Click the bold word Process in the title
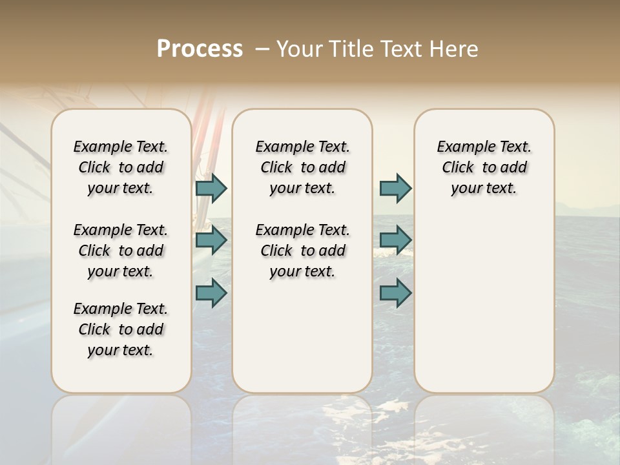pyautogui.click(x=200, y=49)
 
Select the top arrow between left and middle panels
pyautogui.click(x=211, y=188)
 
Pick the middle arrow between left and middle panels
pyautogui.click(x=211, y=240)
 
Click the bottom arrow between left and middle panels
pyautogui.click(x=211, y=293)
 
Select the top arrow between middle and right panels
pyautogui.click(x=395, y=188)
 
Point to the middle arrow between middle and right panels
pyautogui.click(x=395, y=240)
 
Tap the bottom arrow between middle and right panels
pyautogui.click(x=395, y=293)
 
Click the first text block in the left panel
pyautogui.click(x=121, y=167)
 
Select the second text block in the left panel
pyautogui.click(x=121, y=251)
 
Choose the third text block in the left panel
pyautogui.click(x=121, y=329)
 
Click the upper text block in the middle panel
pyautogui.click(x=302, y=167)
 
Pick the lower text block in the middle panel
pyautogui.click(x=302, y=251)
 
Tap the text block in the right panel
pyautogui.click(x=484, y=167)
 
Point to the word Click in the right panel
pyautogui.click(x=458, y=168)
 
